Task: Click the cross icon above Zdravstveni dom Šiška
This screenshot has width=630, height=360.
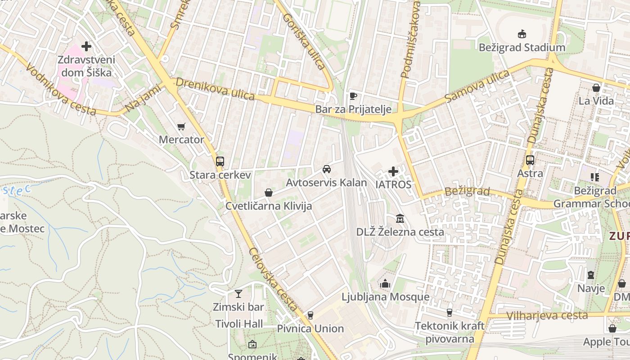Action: pos(86,46)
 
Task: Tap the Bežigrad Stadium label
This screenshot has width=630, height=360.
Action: pos(522,47)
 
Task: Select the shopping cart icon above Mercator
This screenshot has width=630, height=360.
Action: pos(181,127)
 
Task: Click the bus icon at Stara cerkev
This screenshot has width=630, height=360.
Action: pos(220,162)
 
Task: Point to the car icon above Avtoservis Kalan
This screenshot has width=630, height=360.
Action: pos(327,170)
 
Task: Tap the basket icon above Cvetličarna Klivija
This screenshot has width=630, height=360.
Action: pos(269,193)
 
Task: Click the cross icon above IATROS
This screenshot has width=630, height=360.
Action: pos(393,171)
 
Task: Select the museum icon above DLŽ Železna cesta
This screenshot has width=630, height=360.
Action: pos(400,219)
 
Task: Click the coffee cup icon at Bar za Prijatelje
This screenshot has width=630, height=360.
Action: pos(353,96)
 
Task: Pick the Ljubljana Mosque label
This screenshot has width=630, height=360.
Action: pos(385,297)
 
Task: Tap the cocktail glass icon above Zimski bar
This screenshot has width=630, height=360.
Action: pos(238,294)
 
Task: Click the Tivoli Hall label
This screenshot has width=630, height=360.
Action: pos(239,324)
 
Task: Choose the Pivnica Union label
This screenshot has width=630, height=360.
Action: pos(310,328)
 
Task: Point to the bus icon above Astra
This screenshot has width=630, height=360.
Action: pos(530,160)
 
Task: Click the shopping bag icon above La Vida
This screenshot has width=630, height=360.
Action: pos(596,88)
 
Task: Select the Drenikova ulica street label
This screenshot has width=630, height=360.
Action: pos(215,89)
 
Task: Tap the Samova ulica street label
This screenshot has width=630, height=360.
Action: pos(477,85)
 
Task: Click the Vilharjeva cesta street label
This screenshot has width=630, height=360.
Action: pos(547,315)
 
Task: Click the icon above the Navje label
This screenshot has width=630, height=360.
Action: pos(591,275)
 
